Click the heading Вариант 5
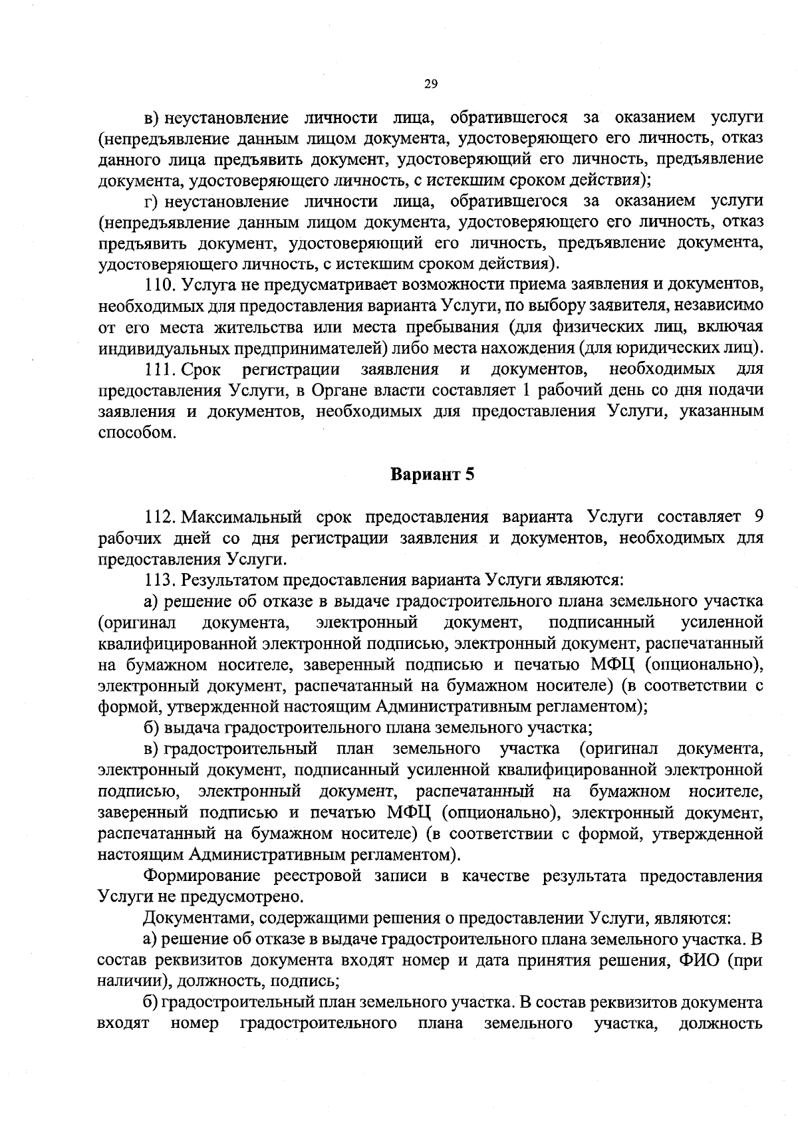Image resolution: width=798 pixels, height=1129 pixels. [x=432, y=475]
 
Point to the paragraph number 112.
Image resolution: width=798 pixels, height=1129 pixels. [x=160, y=517]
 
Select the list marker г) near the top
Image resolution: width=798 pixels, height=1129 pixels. [x=151, y=201]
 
